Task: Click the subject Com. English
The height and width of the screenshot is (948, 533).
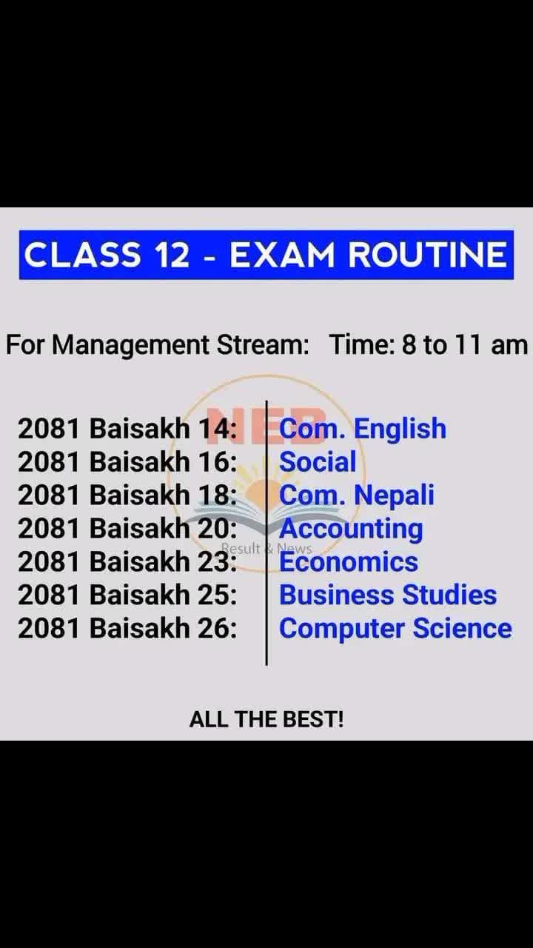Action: (x=363, y=429)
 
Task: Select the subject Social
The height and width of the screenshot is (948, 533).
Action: (x=318, y=461)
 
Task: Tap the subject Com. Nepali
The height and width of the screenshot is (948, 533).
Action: (x=357, y=495)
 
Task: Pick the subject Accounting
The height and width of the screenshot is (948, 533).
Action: (x=351, y=529)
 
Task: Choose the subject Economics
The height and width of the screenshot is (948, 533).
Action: (x=349, y=561)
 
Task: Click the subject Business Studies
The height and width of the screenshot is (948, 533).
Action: (x=388, y=595)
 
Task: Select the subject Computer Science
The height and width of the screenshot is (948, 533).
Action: (x=395, y=629)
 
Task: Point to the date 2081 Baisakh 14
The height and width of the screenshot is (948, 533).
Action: (x=127, y=428)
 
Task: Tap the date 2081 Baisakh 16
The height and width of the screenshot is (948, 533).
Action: (x=127, y=461)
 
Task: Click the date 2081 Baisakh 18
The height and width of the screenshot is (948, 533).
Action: (x=127, y=495)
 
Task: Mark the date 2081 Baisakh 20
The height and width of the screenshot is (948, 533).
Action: (x=127, y=528)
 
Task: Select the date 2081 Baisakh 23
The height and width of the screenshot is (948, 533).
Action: (x=127, y=561)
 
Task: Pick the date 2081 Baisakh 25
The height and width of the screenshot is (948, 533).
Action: (x=127, y=595)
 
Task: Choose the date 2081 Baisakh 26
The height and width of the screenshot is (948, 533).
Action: (x=127, y=628)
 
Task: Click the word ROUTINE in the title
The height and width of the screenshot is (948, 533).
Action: (x=427, y=255)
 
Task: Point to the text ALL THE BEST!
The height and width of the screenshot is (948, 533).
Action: (x=266, y=719)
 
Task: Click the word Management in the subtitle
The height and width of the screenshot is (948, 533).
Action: (x=131, y=346)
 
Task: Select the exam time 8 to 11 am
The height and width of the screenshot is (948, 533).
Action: (x=464, y=344)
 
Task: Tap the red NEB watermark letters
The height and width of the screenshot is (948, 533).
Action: (x=266, y=425)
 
